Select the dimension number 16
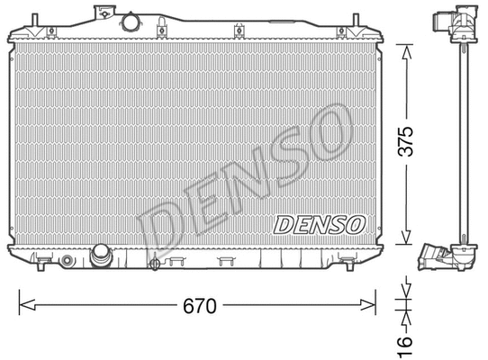tap(405, 340)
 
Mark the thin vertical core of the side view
tap(460, 144)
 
